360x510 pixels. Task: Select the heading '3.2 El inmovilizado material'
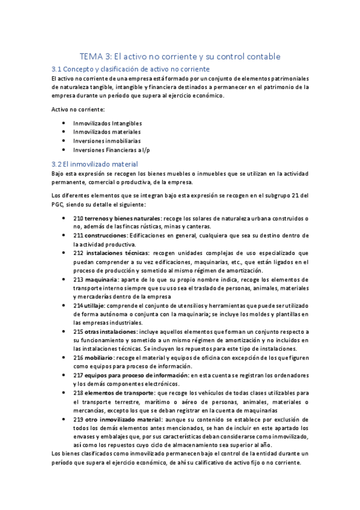point(95,164)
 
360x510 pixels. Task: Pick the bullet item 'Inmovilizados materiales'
point(106,132)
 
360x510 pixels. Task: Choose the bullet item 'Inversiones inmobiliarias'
point(106,141)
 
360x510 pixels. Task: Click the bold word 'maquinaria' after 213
point(101,280)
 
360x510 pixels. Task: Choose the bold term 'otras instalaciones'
point(110,332)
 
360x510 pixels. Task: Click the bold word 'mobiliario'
point(100,358)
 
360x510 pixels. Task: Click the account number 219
point(78,419)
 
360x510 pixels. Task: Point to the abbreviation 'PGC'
point(59,204)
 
